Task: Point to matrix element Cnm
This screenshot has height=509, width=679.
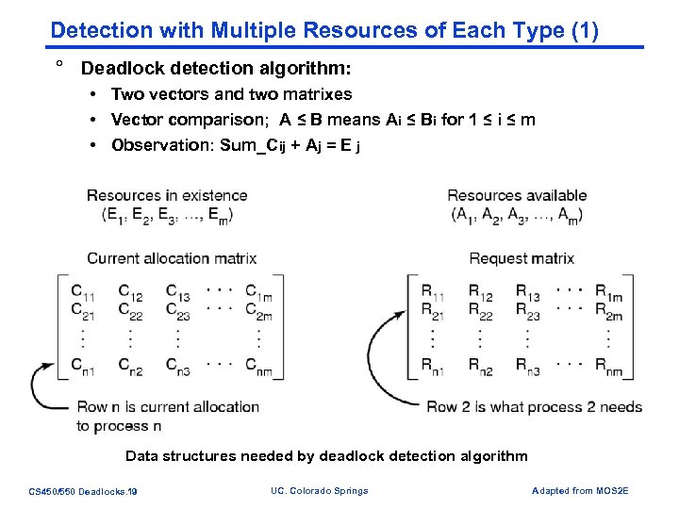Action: click(x=258, y=367)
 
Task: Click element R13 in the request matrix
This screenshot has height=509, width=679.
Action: click(x=528, y=292)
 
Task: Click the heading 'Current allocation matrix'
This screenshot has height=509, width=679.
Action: click(x=172, y=257)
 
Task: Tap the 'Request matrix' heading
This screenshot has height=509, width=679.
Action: click(x=522, y=257)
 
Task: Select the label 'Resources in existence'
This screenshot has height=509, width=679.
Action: click(x=167, y=196)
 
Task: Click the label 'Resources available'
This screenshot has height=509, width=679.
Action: click(x=517, y=196)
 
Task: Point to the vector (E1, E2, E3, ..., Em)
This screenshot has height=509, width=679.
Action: click(x=167, y=215)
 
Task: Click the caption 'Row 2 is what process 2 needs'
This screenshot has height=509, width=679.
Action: click(x=534, y=407)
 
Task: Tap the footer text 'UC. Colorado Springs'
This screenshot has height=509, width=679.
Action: click(x=320, y=490)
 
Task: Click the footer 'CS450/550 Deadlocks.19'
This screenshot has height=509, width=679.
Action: click(x=83, y=491)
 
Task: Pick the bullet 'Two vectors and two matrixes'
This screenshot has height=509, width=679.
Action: click(x=231, y=94)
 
